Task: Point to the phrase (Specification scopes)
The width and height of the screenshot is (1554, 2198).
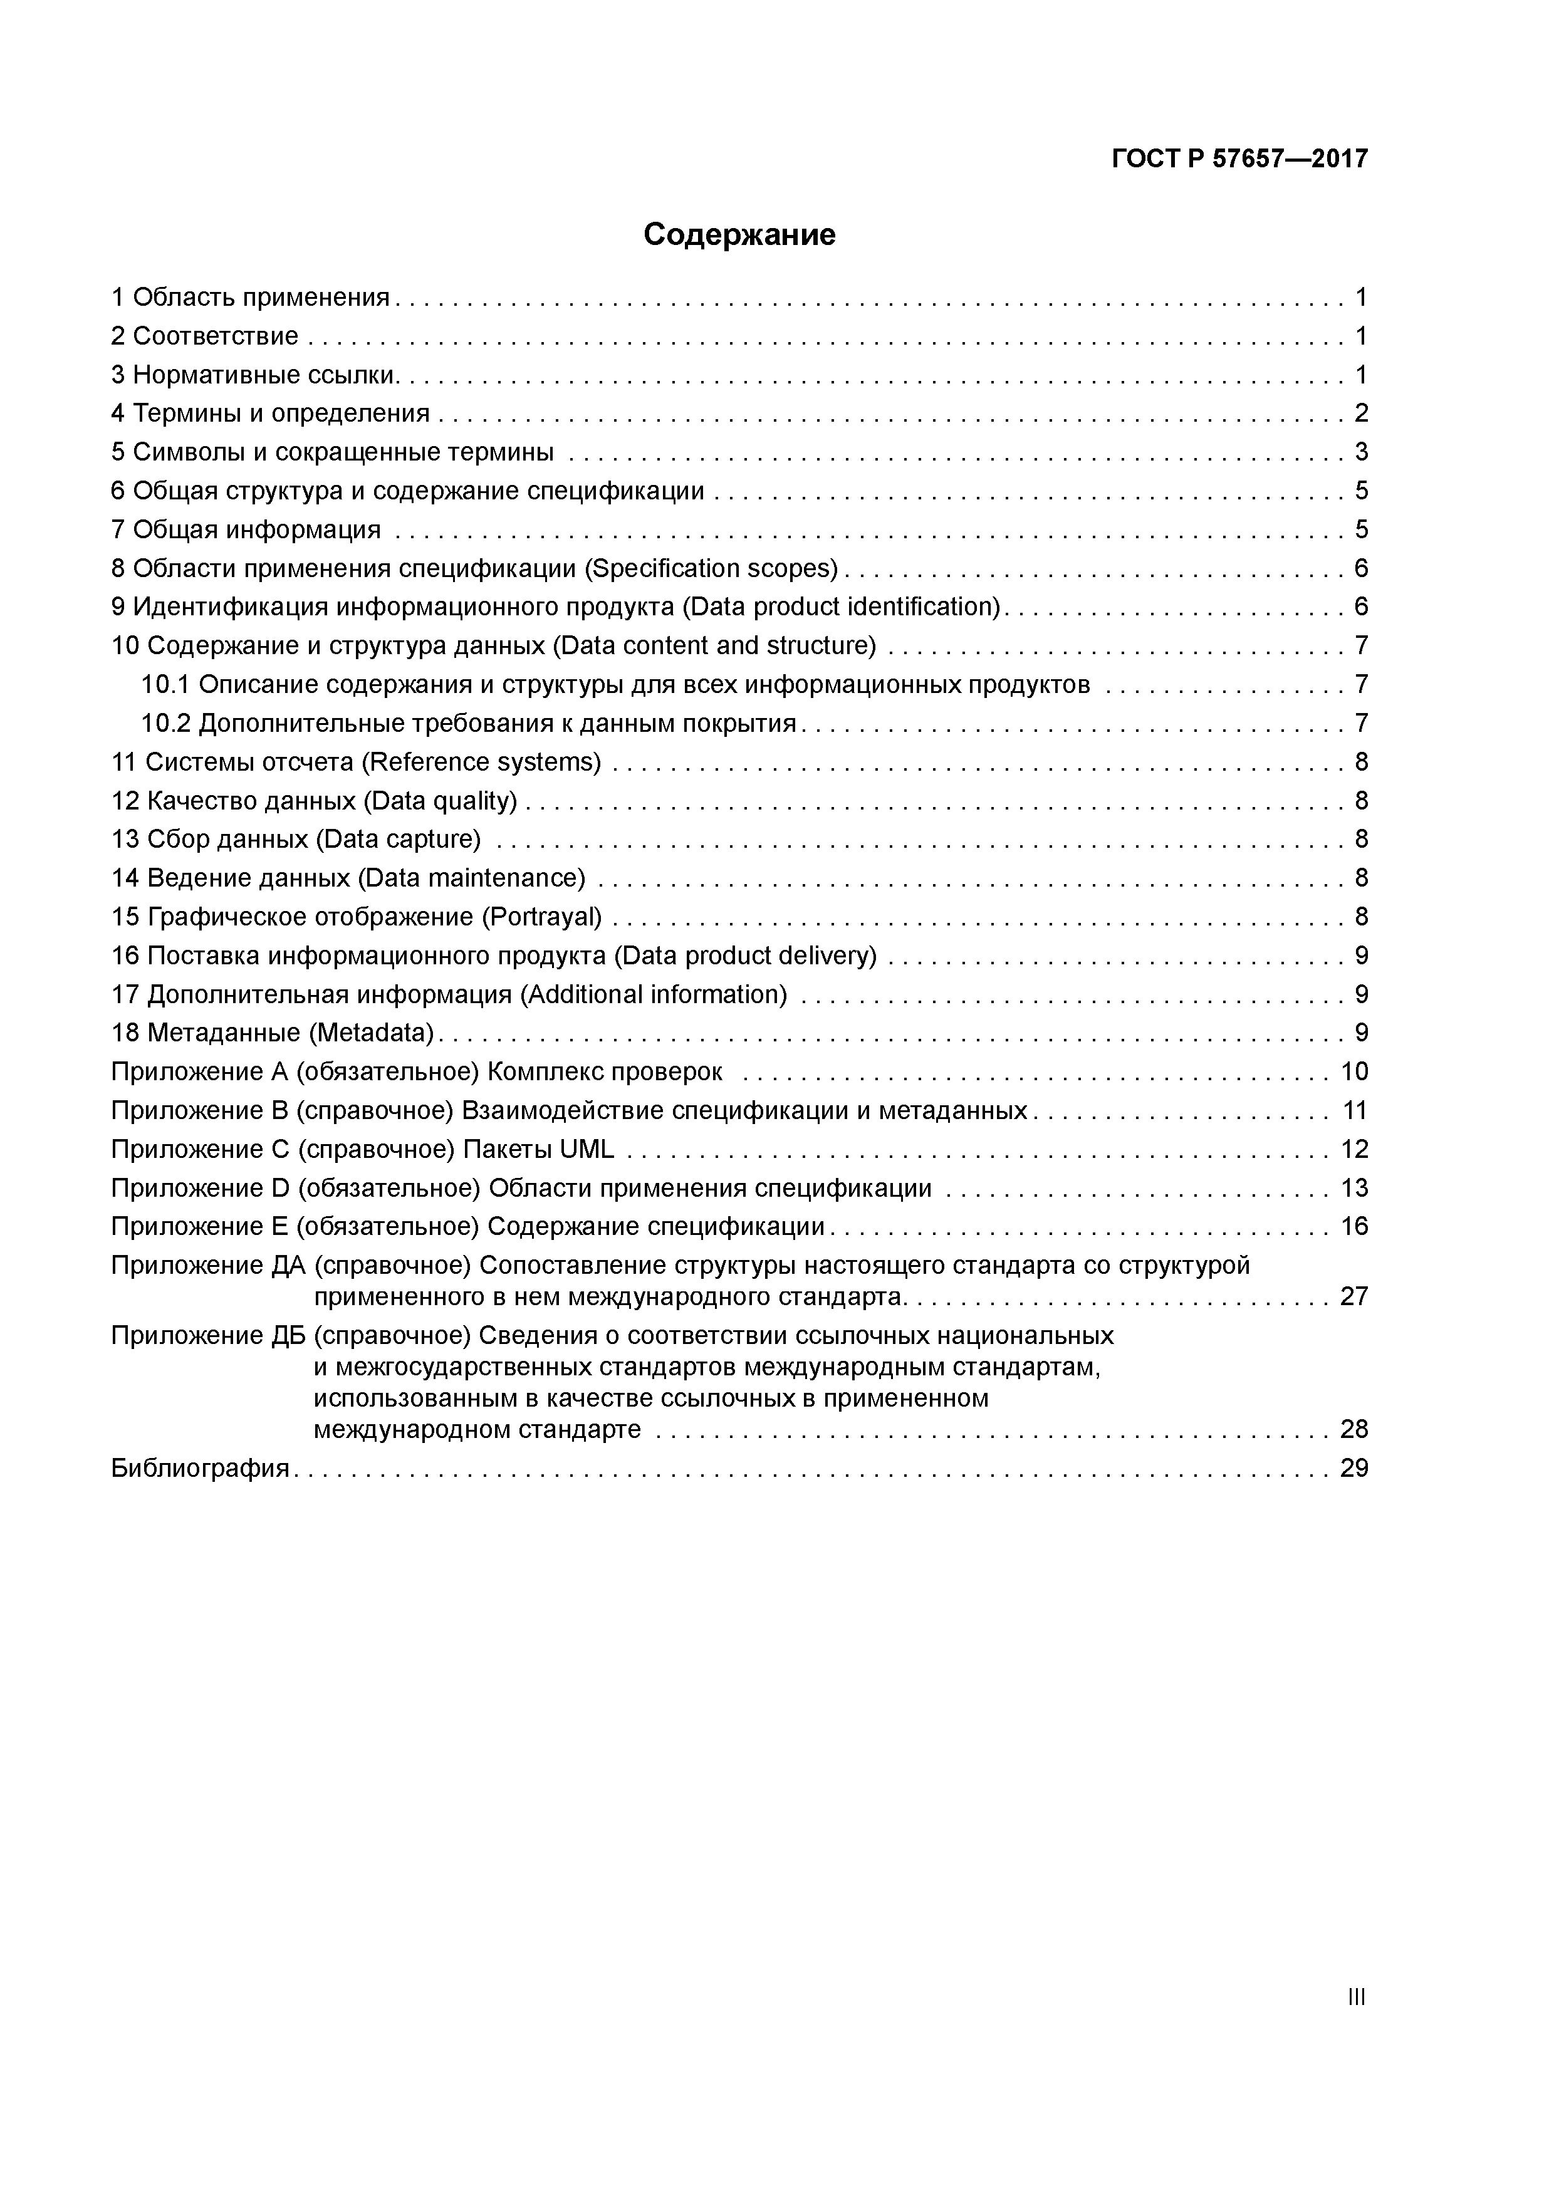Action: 711,569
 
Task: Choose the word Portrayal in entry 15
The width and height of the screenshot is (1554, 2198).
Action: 540,917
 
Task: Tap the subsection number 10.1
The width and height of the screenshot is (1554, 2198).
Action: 165,684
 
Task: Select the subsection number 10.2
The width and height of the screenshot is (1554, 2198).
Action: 165,724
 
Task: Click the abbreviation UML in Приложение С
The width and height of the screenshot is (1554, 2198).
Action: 586,1148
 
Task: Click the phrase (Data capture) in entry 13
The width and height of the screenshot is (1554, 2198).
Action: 397,840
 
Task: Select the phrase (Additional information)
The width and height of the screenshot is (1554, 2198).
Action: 653,994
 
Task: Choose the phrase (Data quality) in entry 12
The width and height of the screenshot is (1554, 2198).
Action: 441,800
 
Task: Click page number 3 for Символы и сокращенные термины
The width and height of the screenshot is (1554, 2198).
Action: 1360,452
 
